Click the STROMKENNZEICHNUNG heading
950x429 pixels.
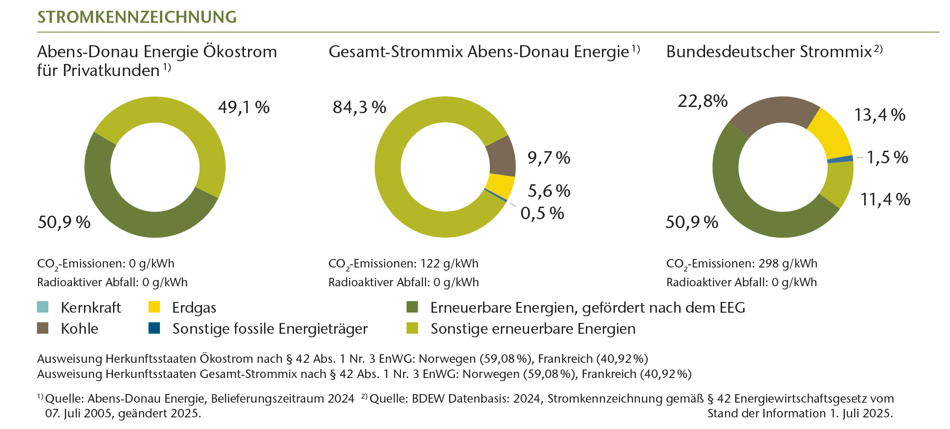[x=137, y=17]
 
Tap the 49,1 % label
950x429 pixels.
[x=244, y=107]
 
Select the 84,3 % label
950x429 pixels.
[x=359, y=107]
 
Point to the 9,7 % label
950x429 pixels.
[x=549, y=158]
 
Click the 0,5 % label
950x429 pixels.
[x=542, y=213]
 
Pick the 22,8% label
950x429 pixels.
[x=702, y=101]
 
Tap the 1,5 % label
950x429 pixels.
[x=887, y=157]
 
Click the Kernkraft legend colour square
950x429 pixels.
[x=43, y=307]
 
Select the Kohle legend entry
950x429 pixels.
[x=79, y=329]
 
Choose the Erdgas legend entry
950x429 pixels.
[x=194, y=308]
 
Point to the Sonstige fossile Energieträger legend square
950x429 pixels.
[x=154, y=328]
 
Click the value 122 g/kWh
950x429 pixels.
[x=449, y=263]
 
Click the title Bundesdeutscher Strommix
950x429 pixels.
[x=769, y=52]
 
